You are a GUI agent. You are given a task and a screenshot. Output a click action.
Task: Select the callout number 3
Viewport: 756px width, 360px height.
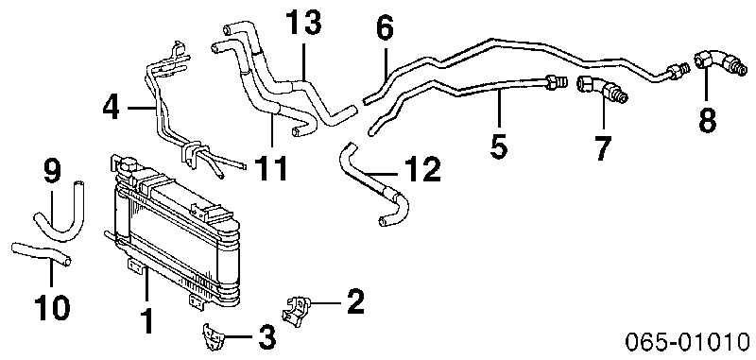(266, 336)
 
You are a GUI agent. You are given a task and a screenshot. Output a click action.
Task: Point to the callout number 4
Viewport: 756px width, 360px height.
(111, 108)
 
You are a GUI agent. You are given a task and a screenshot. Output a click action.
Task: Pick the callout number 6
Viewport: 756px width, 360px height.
(385, 28)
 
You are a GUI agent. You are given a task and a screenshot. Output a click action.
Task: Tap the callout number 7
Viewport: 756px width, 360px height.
(603, 148)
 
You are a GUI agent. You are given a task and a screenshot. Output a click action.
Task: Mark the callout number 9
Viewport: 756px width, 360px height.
(52, 171)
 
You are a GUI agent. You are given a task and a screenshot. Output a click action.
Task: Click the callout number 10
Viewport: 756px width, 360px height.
(52, 307)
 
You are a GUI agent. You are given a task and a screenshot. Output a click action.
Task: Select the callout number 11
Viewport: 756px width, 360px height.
(271, 168)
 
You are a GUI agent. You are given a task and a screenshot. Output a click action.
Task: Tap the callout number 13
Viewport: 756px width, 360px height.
(303, 23)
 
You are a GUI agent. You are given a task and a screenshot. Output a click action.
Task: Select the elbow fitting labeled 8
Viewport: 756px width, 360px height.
(718, 65)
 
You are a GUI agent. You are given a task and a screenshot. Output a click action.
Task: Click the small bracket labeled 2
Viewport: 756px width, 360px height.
(295, 311)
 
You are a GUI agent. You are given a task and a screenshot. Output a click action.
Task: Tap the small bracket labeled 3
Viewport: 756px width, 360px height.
(211, 338)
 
